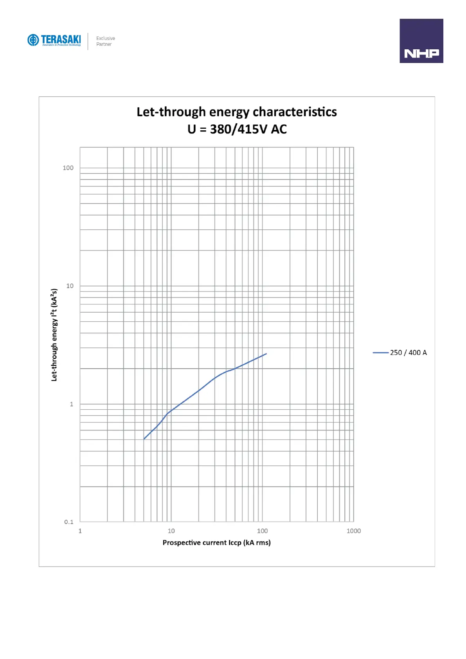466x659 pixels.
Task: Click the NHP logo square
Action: (x=421, y=41)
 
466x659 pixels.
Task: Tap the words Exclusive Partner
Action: (x=105, y=41)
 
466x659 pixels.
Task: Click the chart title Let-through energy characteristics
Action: (x=236, y=112)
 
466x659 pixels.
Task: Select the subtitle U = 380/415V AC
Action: (x=237, y=129)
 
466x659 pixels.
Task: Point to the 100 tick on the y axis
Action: (x=68, y=168)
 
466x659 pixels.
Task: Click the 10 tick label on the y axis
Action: (x=70, y=286)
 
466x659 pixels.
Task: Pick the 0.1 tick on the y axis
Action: (x=69, y=522)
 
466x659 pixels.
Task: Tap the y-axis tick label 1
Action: (x=72, y=404)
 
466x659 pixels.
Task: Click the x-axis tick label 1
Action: (x=80, y=531)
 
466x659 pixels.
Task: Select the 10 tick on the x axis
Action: (x=171, y=531)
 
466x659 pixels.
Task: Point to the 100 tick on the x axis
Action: (x=262, y=531)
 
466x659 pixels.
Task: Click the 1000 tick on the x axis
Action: (x=353, y=531)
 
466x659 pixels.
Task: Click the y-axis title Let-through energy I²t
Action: (x=54, y=335)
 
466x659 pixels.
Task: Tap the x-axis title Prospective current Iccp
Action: (x=216, y=542)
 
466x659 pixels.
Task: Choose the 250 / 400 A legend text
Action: (x=408, y=353)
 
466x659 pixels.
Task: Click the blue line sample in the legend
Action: (x=380, y=353)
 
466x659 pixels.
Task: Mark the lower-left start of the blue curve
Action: (x=144, y=439)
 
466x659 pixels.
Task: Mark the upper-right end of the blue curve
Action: (x=266, y=354)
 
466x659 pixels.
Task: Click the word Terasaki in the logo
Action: (x=61, y=39)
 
